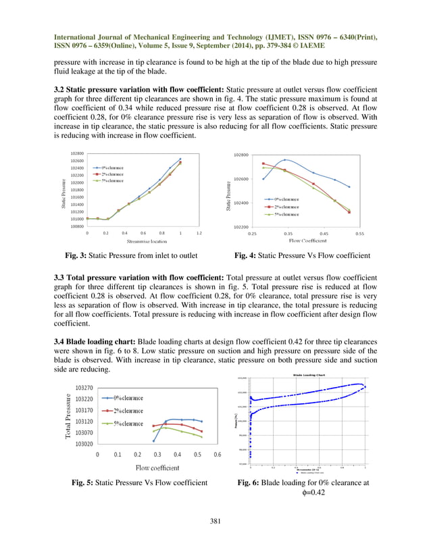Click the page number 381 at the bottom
coord(215,520)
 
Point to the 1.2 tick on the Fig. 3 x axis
coord(199,233)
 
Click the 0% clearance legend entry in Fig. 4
coord(282,199)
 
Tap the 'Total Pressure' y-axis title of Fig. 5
coord(70,415)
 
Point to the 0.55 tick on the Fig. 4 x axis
coord(359,233)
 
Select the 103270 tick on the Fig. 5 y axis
coord(84,388)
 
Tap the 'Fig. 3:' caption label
coord(74,256)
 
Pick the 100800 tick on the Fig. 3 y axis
coord(76,226)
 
